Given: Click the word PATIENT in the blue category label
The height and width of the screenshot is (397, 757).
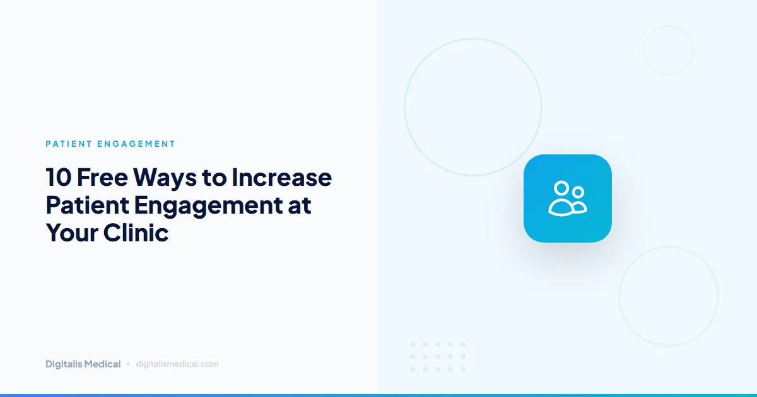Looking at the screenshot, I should [68, 144].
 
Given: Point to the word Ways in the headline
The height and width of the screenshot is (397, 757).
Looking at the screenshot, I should [163, 178].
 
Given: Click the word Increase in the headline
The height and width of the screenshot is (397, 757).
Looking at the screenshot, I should [281, 178].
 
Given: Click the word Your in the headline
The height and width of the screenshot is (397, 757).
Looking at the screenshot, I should [71, 233].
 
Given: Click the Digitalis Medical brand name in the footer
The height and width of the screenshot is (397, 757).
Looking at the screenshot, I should [83, 364].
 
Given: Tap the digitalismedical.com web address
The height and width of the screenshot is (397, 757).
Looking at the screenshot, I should [177, 364].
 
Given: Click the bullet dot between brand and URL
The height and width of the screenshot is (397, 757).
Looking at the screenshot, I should [128, 364].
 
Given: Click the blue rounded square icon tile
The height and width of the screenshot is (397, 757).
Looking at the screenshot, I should [568, 198].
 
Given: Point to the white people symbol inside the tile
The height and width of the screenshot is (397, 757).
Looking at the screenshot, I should [568, 198].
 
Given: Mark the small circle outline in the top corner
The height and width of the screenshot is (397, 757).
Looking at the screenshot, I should [669, 50].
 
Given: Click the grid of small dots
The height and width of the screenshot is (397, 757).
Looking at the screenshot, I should [438, 357].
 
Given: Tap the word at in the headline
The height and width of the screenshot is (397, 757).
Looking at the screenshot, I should [300, 205].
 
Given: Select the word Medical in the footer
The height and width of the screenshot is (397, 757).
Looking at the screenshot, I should [102, 364].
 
